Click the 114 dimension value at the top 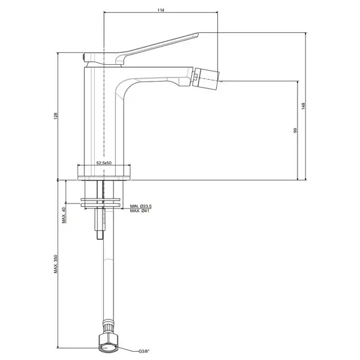click(x=161, y=10)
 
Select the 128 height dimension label click(x=56, y=116)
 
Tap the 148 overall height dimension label click(x=303, y=106)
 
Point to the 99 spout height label click(x=295, y=130)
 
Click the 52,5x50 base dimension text click(x=104, y=163)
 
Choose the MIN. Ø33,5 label click(x=141, y=206)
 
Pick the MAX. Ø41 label click(x=140, y=211)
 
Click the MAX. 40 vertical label click(x=64, y=215)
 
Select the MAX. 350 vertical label click(x=56, y=264)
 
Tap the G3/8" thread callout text click(x=144, y=351)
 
